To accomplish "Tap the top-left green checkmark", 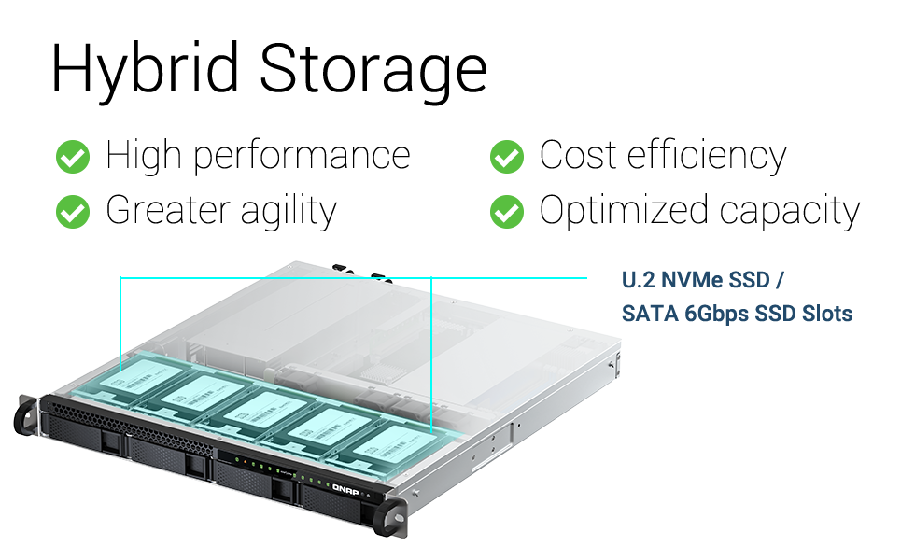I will [x=72, y=157].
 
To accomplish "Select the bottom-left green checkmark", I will [x=72, y=211].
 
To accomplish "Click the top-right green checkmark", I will [x=506, y=157].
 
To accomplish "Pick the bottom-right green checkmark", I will [x=506, y=211].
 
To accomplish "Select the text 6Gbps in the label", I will [x=716, y=314].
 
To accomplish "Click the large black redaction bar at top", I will [x=270, y=73].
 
